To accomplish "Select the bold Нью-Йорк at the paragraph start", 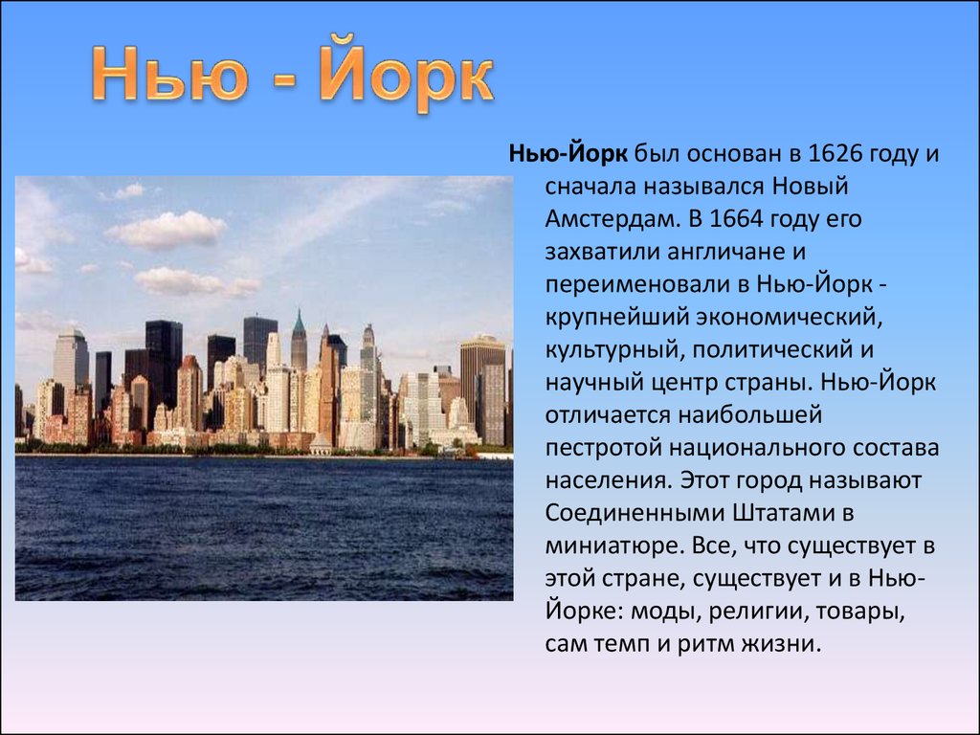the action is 568,153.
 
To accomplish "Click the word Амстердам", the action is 611,219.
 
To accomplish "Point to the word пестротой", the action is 603,448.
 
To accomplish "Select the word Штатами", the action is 781,514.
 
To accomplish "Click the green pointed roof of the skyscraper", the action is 299,323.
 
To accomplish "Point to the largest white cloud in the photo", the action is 167,230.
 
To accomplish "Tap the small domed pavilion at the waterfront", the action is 321,445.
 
